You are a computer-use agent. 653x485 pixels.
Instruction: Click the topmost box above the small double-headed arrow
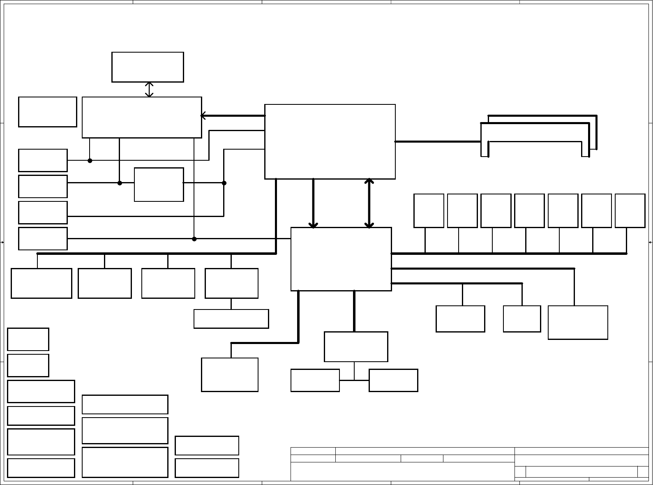click(148, 67)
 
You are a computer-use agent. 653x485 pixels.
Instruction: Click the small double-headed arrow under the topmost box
click(149, 90)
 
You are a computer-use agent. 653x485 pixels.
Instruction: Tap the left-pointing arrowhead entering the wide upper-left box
click(203, 116)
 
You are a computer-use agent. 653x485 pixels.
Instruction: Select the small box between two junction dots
click(159, 185)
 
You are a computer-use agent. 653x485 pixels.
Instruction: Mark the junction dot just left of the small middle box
click(120, 183)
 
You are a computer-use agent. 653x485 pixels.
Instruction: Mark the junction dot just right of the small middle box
click(224, 183)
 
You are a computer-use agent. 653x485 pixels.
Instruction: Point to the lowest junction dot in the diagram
click(194, 239)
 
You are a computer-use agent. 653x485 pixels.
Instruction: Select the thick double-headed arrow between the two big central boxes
click(369, 203)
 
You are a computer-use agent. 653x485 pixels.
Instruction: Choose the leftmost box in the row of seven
click(429, 210)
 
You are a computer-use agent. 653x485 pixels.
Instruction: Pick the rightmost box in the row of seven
click(630, 210)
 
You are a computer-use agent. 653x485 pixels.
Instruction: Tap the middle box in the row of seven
click(529, 210)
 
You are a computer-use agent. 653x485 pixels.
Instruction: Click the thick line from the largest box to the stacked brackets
click(438, 142)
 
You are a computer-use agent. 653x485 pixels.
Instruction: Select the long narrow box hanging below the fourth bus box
click(231, 319)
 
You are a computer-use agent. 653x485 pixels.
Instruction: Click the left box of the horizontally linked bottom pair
click(315, 380)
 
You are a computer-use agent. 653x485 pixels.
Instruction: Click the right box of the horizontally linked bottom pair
click(393, 380)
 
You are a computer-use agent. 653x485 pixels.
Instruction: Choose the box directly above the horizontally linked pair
click(356, 346)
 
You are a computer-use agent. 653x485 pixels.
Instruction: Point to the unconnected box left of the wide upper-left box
click(48, 112)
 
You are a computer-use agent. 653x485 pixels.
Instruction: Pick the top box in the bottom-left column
click(28, 339)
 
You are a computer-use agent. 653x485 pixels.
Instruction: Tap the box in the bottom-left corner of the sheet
click(41, 468)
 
